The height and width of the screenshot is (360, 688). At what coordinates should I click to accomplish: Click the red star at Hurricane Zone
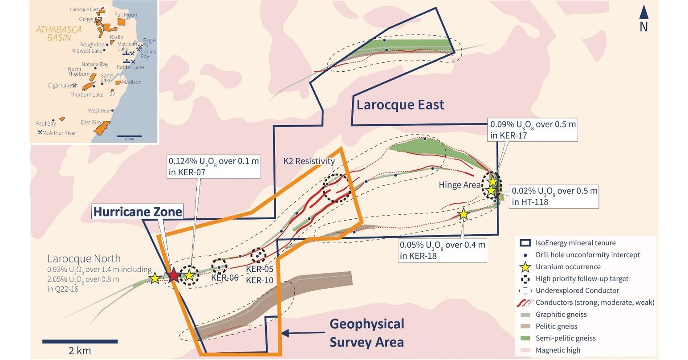coord(173,276)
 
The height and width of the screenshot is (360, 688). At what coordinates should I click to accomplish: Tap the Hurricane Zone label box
coord(138,212)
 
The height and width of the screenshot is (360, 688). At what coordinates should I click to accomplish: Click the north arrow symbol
coord(644,14)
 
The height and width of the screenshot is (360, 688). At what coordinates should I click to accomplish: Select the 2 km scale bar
coord(80,342)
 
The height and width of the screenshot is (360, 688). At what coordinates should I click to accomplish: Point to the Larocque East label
coord(400,105)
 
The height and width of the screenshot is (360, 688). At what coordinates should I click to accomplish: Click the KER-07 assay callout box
coord(213,167)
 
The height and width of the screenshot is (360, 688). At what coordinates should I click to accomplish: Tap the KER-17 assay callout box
coord(533,130)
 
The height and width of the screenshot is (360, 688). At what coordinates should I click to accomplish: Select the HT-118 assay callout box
coord(553,196)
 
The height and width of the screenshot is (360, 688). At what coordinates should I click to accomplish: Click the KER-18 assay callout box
coord(442,250)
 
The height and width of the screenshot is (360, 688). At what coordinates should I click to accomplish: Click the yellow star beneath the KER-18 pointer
coord(463,214)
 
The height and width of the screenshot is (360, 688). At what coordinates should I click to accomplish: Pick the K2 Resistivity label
coord(309,161)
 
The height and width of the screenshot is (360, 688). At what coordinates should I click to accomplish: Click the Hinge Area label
coord(460,184)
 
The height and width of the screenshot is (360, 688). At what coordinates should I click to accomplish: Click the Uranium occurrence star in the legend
coord(526,267)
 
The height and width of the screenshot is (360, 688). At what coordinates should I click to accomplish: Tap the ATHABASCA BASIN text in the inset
coord(59,33)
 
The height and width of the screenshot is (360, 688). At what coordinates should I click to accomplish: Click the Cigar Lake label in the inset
coord(60,86)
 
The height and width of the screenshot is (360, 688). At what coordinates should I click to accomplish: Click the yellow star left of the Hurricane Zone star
coord(155,278)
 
